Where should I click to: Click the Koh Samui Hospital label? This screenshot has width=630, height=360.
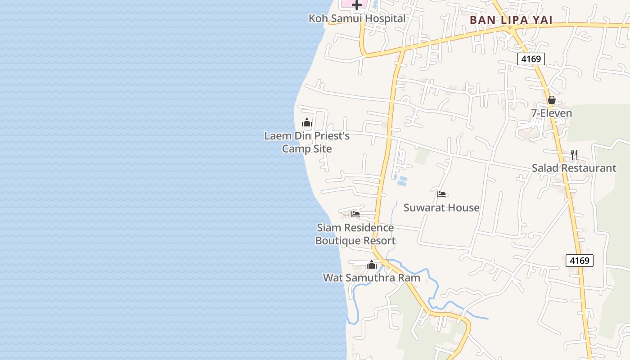pyautogui.click(x=357, y=18)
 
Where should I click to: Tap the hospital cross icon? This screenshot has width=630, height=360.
pyautogui.click(x=357, y=5)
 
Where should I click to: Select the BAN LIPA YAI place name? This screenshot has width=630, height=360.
pyautogui.click(x=511, y=20)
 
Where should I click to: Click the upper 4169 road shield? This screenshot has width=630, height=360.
pyautogui.click(x=531, y=59)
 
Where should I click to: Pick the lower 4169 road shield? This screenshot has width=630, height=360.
pyautogui.click(x=580, y=261)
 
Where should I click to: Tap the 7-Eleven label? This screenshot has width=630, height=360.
pyautogui.click(x=551, y=113)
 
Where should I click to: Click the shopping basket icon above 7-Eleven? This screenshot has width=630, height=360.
pyautogui.click(x=551, y=100)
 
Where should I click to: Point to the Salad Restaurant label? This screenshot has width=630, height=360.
pyautogui.click(x=574, y=168)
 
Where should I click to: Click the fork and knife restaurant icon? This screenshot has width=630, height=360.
pyautogui.click(x=574, y=155)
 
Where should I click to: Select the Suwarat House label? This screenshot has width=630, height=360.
pyautogui.click(x=441, y=208)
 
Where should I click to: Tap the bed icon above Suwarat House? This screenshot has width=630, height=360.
pyautogui.click(x=441, y=194)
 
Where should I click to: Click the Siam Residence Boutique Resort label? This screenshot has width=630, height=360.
pyautogui.click(x=355, y=234)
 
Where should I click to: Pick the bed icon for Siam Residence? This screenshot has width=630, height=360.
pyautogui.click(x=355, y=214)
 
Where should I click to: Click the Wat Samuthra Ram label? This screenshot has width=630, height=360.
pyautogui.click(x=372, y=278)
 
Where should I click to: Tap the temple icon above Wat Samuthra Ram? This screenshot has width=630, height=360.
pyautogui.click(x=372, y=265)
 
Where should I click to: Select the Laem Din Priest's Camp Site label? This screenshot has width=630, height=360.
pyautogui.click(x=307, y=142)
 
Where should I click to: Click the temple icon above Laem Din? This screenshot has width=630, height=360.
pyautogui.click(x=307, y=122)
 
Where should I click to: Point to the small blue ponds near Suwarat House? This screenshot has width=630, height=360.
pyautogui.click(x=401, y=181)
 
